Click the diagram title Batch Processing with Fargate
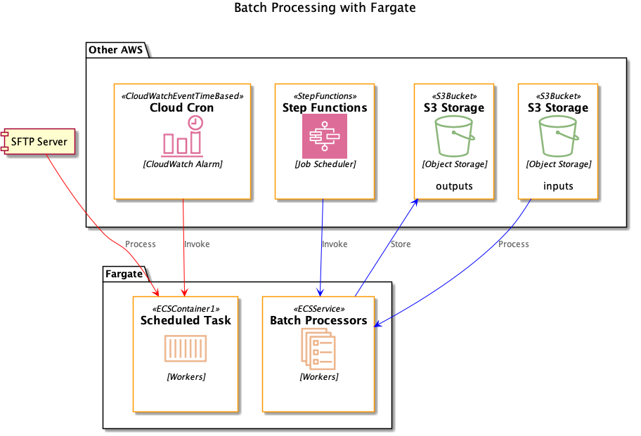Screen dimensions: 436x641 tap(324, 8)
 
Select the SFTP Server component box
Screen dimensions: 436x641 tap(38, 142)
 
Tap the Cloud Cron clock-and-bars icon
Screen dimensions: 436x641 tap(183, 136)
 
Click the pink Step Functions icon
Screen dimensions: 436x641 tap(325, 136)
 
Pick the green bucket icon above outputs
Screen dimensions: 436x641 tap(453, 136)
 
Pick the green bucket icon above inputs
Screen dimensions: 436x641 tap(558, 136)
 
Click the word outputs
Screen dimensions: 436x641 tap(454, 186)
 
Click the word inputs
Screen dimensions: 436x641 tap(558, 186)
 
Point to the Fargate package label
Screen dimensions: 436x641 tap(124, 274)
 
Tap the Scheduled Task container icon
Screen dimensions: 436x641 tap(186, 349)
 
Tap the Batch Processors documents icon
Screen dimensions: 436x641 tap(318, 349)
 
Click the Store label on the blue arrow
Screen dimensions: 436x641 tap(400, 244)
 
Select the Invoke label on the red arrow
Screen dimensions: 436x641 tap(197, 244)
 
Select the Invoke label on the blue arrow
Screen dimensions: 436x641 tap(335, 244)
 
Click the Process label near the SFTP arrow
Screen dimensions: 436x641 tap(140, 244)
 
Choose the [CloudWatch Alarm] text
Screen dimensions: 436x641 tap(183, 164)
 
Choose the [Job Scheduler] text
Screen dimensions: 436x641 tap(325, 164)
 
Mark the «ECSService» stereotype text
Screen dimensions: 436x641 tap(318, 308)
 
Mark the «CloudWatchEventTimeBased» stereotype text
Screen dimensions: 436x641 tap(183, 95)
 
